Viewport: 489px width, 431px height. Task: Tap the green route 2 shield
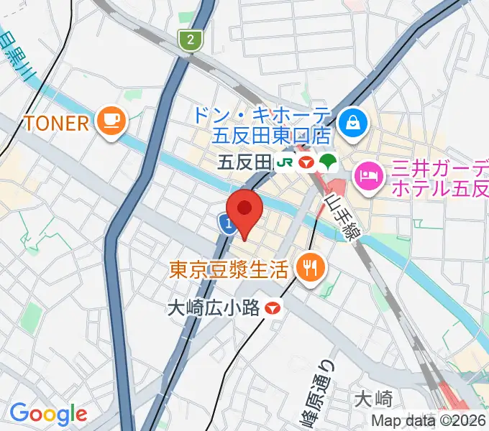click(190, 40)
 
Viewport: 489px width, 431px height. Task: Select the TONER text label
click(57, 123)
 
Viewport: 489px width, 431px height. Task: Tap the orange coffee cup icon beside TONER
click(112, 120)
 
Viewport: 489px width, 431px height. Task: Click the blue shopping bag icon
click(353, 123)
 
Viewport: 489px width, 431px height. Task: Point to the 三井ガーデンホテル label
click(439, 180)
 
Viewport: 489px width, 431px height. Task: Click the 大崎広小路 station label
click(212, 309)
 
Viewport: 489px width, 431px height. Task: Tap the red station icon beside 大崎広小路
click(273, 309)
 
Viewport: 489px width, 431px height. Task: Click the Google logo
click(48, 414)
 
